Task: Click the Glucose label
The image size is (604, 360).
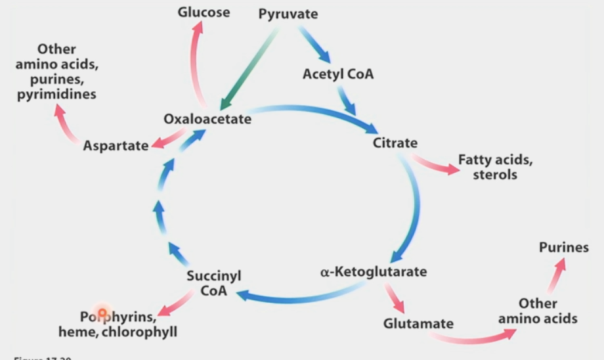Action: (204, 12)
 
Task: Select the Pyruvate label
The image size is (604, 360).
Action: (288, 14)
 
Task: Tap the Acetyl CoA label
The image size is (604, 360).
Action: (337, 74)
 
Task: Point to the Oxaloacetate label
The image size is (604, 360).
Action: (207, 120)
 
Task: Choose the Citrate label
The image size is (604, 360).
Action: (395, 143)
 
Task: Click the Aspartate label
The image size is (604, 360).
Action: (116, 145)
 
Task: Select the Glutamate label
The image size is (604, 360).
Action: (418, 323)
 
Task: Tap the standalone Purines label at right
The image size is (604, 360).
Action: (563, 248)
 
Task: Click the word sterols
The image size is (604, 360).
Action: (494, 175)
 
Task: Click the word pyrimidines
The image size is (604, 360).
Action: (57, 93)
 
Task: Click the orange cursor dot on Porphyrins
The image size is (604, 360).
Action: (102, 312)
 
